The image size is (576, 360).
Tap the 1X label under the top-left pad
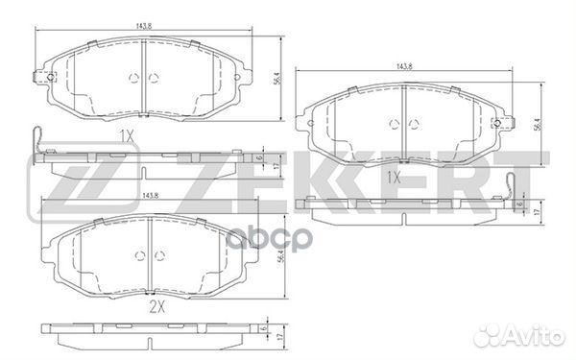(128, 136)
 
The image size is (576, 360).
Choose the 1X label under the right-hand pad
(394, 179)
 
